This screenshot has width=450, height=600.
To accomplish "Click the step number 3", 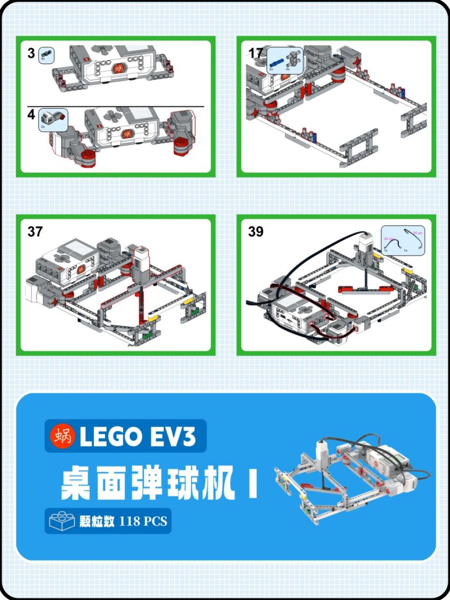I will point(31,53).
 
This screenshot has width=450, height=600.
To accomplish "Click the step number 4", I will point(31,114).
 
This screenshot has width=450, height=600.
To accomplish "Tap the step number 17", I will point(256,53).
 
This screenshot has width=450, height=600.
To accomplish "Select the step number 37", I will point(35,232).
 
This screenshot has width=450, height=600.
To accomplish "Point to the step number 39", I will point(256,232).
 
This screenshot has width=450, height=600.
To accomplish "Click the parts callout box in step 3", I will point(46,55).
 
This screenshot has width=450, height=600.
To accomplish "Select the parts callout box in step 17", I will point(285,60).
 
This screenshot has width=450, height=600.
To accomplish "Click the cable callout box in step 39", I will point(403,240).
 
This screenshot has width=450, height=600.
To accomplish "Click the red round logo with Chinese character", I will point(62,436).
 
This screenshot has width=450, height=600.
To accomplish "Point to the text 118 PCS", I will point(143,521).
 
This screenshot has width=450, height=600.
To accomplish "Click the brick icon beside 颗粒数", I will point(62,521).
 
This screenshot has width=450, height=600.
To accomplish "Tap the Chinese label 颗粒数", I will point(97,521).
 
